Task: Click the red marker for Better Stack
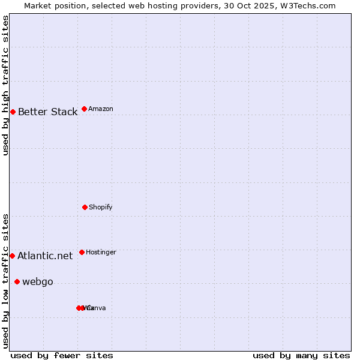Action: pos(13,112)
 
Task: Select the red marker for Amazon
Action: pos(84,109)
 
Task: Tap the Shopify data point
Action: pos(85,207)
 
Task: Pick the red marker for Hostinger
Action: pos(82,252)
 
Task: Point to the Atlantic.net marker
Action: pos(12,256)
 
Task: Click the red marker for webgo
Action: pos(17,281)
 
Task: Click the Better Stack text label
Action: pos(47,112)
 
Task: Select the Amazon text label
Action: pos(101,109)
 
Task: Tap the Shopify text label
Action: pos(101,208)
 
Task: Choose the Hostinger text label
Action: pos(101,253)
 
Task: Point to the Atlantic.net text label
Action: pos(45,256)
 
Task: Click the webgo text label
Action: pos(37,282)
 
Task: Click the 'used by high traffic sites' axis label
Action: pos(5,85)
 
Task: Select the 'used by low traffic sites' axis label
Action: pos(5,280)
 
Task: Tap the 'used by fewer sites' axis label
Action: pos(62,355)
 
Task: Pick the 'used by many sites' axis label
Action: pos(301,355)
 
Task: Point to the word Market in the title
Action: pos(38,5)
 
